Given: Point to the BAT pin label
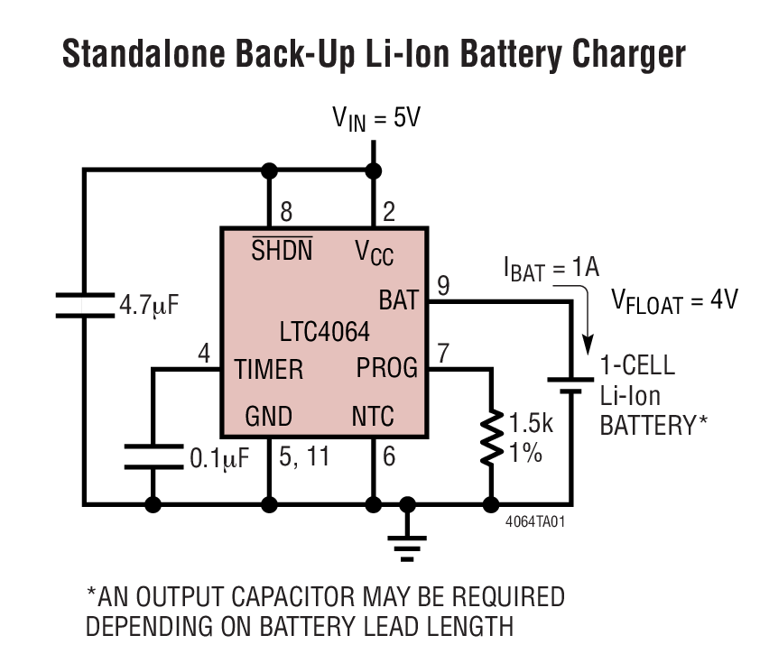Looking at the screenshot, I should click(397, 298).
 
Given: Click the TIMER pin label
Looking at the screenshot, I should click(269, 370).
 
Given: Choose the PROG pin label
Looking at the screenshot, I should click(387, 368).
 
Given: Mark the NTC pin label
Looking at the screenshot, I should click(373, 416).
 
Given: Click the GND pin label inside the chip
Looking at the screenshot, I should click(268, 416).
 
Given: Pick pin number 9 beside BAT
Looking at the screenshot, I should click(442, 285).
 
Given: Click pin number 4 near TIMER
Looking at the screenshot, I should click(204, 354).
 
